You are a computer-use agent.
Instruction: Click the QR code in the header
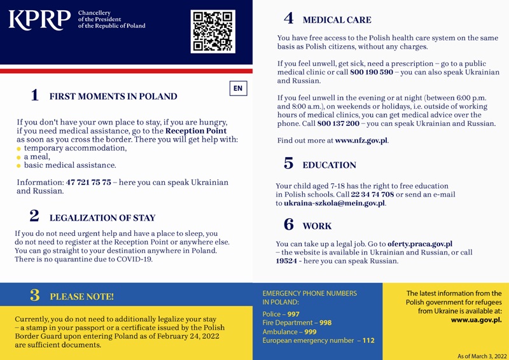coord(213,31)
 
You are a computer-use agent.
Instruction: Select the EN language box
coord(238,88)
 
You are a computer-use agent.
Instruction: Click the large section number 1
coord(34,95)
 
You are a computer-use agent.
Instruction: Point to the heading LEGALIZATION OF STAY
coord(102,218)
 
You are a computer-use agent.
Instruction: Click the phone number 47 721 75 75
coord(88,183)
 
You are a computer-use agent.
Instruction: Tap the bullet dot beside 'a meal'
coord(19,157)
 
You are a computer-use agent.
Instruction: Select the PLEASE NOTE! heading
coord(82,296)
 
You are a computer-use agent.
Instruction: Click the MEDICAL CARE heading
coord(337,20)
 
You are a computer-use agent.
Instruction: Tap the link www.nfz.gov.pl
coord(361,140)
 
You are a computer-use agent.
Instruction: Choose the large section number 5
coord(288,163)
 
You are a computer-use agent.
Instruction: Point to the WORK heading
coord(317,226)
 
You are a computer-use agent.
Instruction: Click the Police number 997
coord(293,314)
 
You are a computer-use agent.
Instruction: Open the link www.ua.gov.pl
coord(476,320)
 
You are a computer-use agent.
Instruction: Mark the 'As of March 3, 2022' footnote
coord(482,356)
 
